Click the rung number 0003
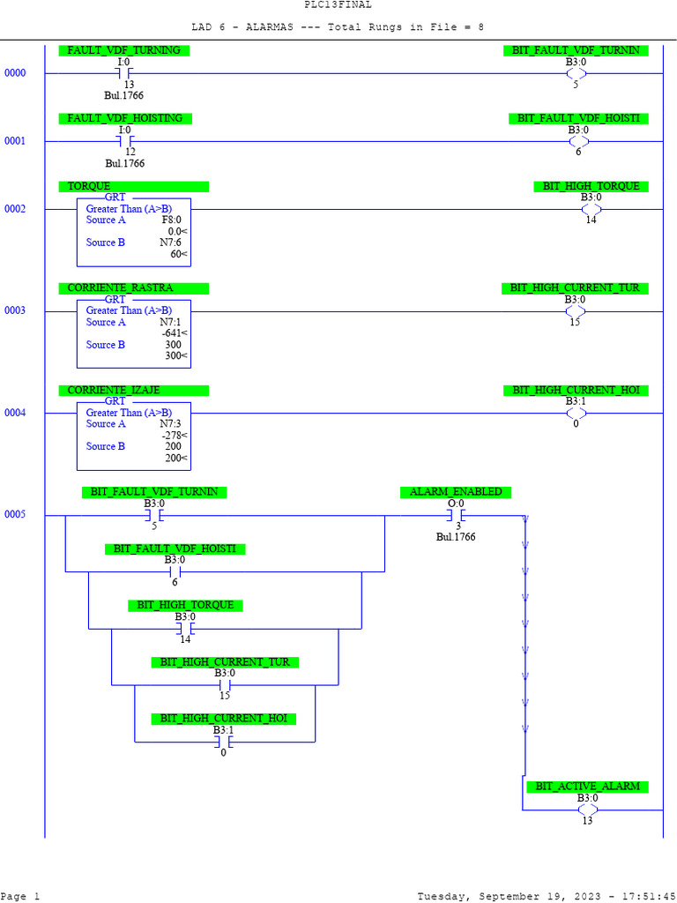pos(15,310)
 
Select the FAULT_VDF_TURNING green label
pos(123,50)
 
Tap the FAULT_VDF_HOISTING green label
pos(125,118)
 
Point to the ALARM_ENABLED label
pos(456,491)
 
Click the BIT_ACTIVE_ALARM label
pos(587,786)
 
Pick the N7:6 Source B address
pos(170,243)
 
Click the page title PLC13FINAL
pos(338,4)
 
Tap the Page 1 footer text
pos(20,896)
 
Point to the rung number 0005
pos(15,514)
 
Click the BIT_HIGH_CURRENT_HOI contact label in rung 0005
pos(223,719)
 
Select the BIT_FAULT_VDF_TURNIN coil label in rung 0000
pos(576,50)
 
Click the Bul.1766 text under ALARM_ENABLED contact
pos(456,536)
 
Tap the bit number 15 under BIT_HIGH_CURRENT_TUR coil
pos(576,322)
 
